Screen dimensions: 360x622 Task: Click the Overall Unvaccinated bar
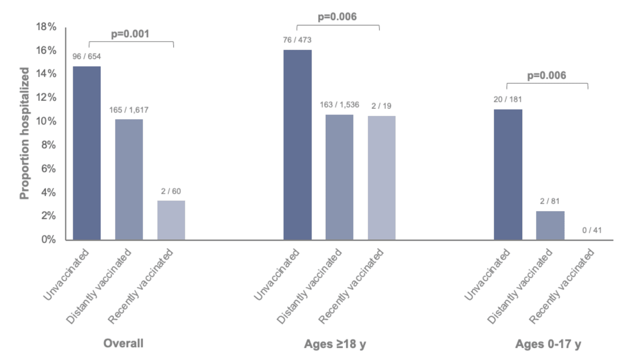click(x=87, y=153)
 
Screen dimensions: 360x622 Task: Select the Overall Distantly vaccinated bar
click(x=129, y=180)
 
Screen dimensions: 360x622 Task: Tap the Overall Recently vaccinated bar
click(x=171, y=220)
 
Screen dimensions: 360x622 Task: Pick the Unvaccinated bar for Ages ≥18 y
click(x=297, y=145)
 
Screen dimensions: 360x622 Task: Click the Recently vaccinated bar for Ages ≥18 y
click(x=382, y=178)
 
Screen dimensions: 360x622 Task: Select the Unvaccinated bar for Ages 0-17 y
click(x=508, y=175)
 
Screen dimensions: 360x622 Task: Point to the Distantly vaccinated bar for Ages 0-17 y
click(x=550, y=225)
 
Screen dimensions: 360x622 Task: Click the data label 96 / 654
click(x=87, y=56)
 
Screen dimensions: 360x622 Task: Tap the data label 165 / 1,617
click(x=129, y=110)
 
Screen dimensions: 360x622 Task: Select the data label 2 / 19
click(x=381, y=106)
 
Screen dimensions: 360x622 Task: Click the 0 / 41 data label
click(x=592, y=230)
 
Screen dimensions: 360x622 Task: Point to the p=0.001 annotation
click(x=130, y=34)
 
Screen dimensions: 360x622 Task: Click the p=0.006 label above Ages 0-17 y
click(x=546, y=76)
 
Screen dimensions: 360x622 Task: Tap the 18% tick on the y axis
click(x=46, y=27)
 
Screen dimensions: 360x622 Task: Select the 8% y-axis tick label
click(x=48, y=145)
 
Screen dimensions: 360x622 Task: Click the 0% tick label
click(x=48, y=239)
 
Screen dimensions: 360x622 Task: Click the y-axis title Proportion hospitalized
click(x=24, y=133)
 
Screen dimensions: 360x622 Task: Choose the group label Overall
click(x=123, y=343)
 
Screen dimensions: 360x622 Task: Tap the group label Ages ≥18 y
click(x=335, y=344)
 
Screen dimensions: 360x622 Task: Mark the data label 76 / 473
click(x=297, y=40)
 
